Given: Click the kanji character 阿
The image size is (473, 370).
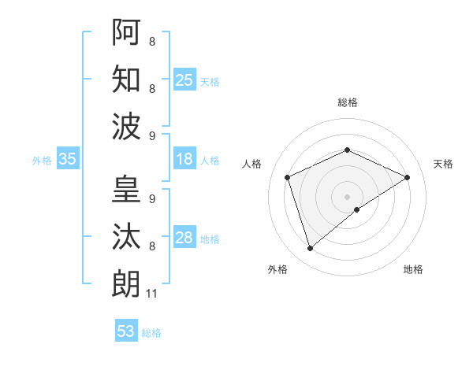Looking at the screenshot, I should (126, 32).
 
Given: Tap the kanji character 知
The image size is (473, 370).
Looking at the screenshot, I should (126, 79).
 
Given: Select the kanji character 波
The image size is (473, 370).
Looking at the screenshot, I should (126, 125).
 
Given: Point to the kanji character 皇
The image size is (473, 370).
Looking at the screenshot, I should (126, 190).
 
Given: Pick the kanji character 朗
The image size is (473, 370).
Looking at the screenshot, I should (126, 283).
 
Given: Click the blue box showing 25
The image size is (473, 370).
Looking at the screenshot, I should (184, 80).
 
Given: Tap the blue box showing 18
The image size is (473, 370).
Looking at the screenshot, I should (184, 159).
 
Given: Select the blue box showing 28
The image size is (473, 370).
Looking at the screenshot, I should (184, 238).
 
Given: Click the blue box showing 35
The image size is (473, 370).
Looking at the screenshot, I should (68, 159).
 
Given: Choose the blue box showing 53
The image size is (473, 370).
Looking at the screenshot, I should (126, 331).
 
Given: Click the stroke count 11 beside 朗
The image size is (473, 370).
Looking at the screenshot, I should (152, 294).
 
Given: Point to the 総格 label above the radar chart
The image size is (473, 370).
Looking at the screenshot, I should (347, 102).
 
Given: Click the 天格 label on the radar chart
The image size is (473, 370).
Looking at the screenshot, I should (443, 164).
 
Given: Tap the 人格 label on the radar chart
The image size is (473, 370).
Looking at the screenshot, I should (252, 164).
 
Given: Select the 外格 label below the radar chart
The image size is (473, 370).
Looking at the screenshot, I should (277, 270).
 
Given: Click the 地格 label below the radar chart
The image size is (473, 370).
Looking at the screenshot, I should (413, 270).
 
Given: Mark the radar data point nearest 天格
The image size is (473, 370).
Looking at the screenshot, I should (407, 177).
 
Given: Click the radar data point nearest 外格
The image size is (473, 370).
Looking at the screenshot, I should (310, 249).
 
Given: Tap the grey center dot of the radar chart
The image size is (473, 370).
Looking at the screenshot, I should (347, 196).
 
